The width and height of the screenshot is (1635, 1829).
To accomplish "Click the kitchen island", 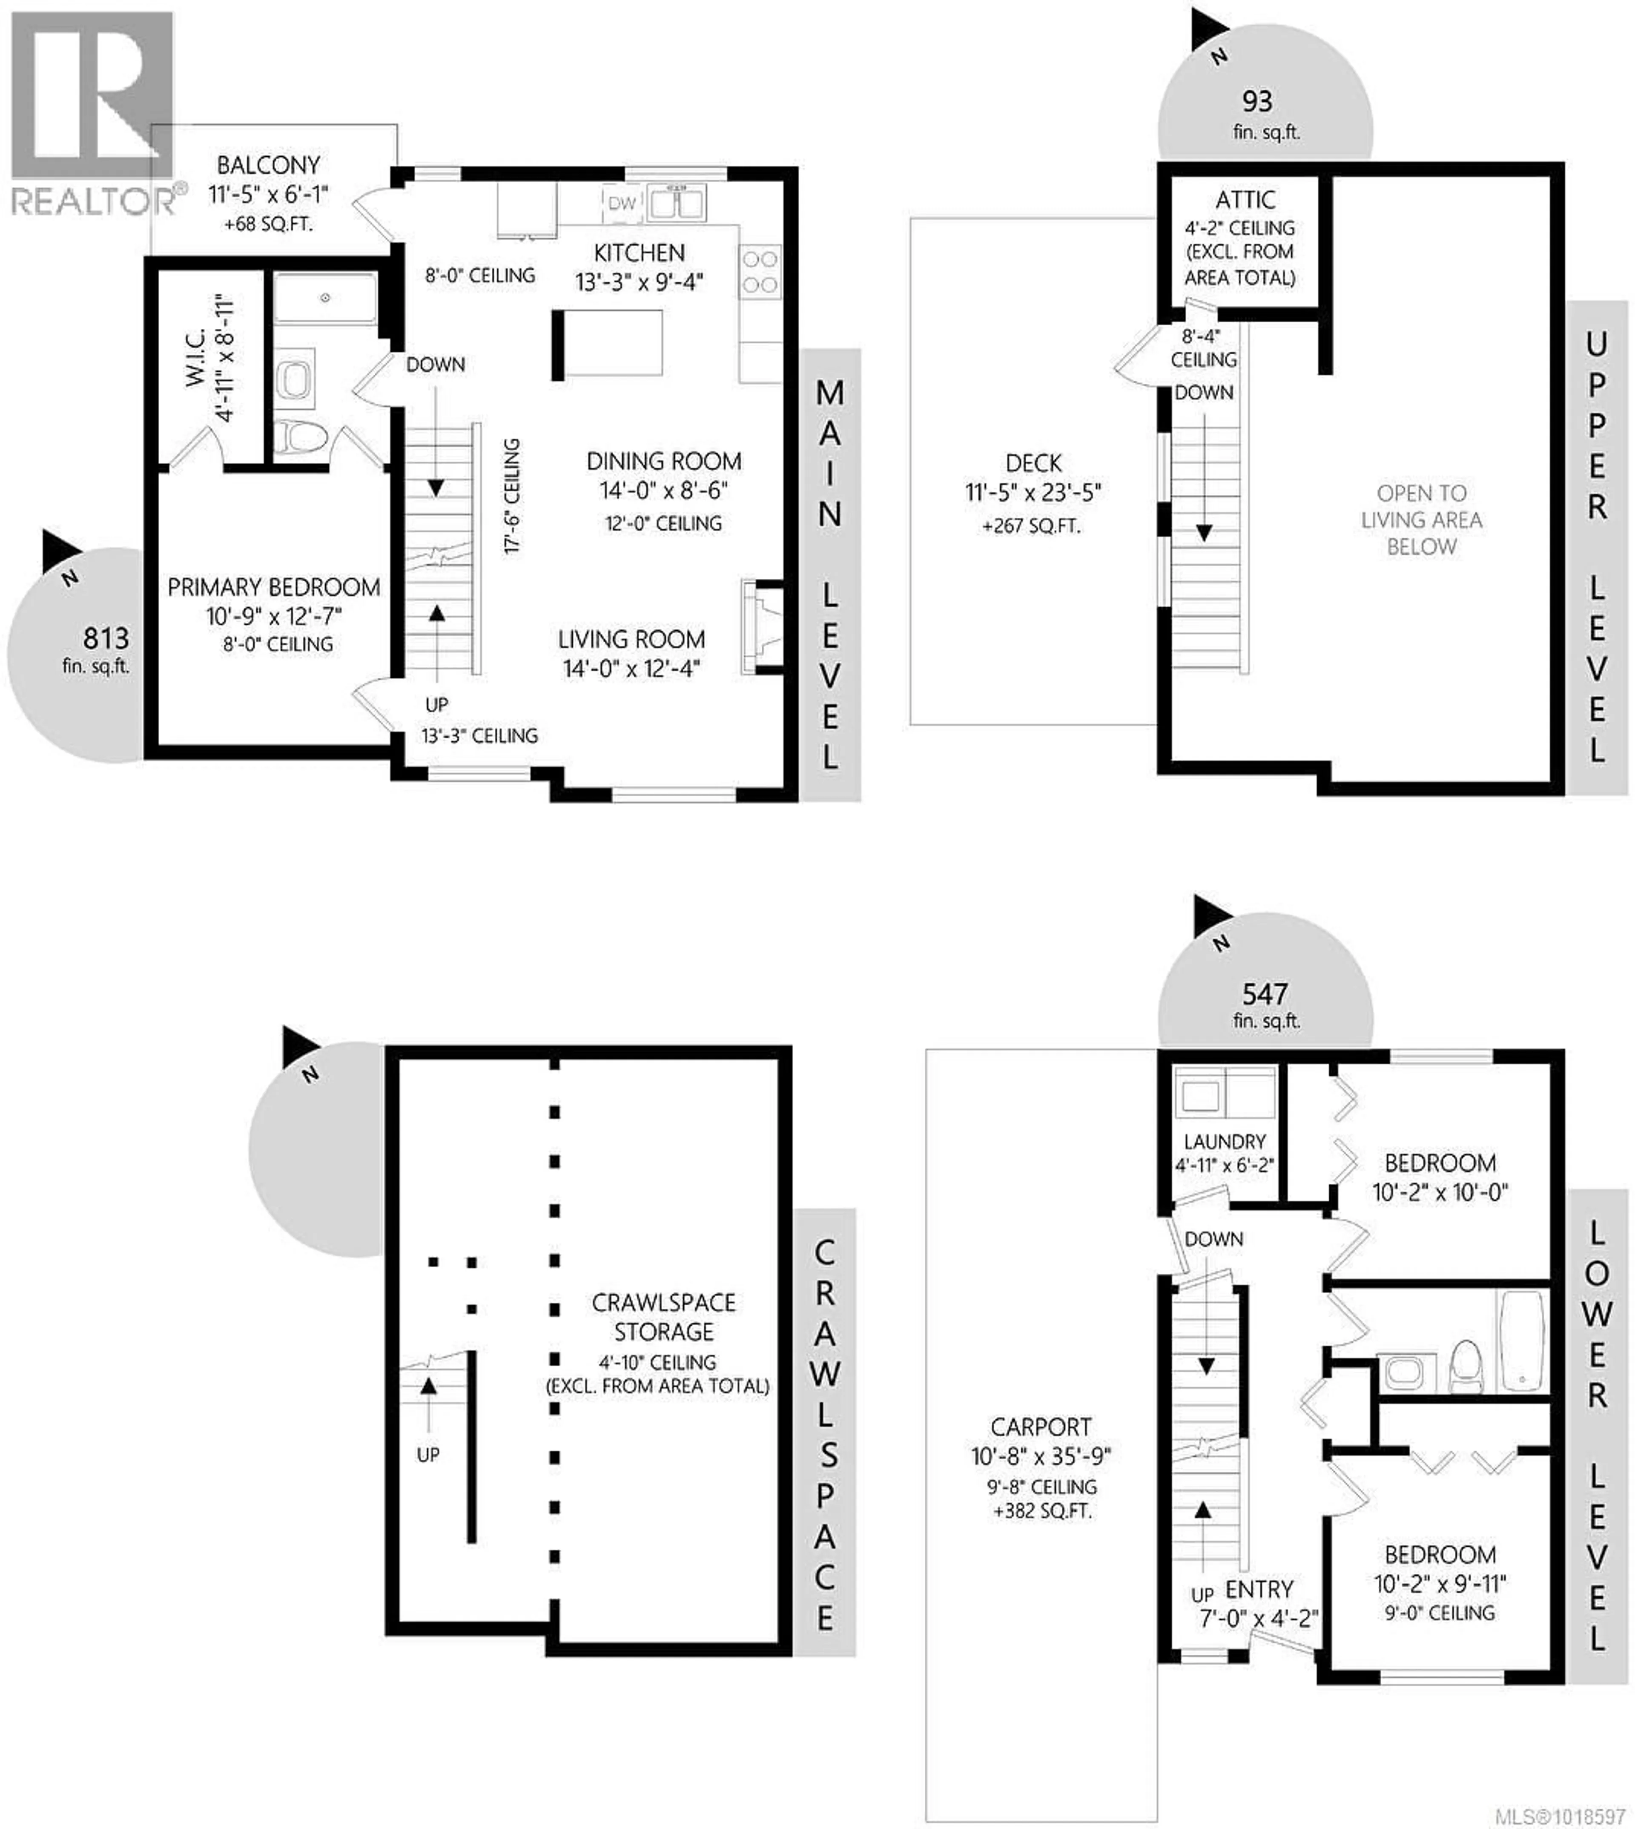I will [608, 342].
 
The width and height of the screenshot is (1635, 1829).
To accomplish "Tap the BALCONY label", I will [269, 165].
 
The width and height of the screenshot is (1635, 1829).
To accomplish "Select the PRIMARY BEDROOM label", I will [274, 588].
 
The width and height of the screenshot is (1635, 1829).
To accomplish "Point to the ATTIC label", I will [1245, 199].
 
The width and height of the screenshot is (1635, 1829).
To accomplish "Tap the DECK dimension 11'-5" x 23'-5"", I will [1033, 492].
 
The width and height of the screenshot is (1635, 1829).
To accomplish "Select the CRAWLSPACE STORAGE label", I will [664, 1317].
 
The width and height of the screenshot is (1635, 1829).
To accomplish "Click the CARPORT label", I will [1041, 1427].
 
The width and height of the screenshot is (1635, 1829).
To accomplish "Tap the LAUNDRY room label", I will [1225, 1142].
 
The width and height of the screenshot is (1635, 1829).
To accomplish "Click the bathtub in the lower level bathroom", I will [1522, 1341].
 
